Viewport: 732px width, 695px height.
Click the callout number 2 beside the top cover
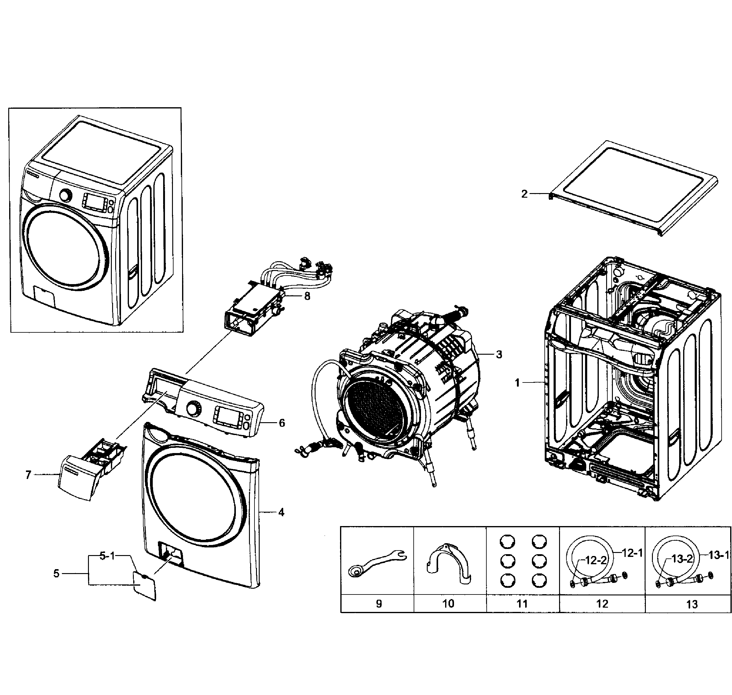point(524,194)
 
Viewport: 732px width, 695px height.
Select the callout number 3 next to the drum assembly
point(499,355)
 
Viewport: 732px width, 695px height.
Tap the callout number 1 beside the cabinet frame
point(518,383)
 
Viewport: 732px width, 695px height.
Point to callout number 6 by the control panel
point(282,423)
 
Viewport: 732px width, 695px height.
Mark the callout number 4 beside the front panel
point(281,512)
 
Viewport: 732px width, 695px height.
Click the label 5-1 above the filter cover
point(108,556)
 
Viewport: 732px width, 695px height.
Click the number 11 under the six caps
point(522,604)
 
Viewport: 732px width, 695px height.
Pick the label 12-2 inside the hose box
point(596,560)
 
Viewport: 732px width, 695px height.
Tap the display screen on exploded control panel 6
point(225,416)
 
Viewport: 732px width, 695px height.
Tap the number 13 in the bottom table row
point(692,605)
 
